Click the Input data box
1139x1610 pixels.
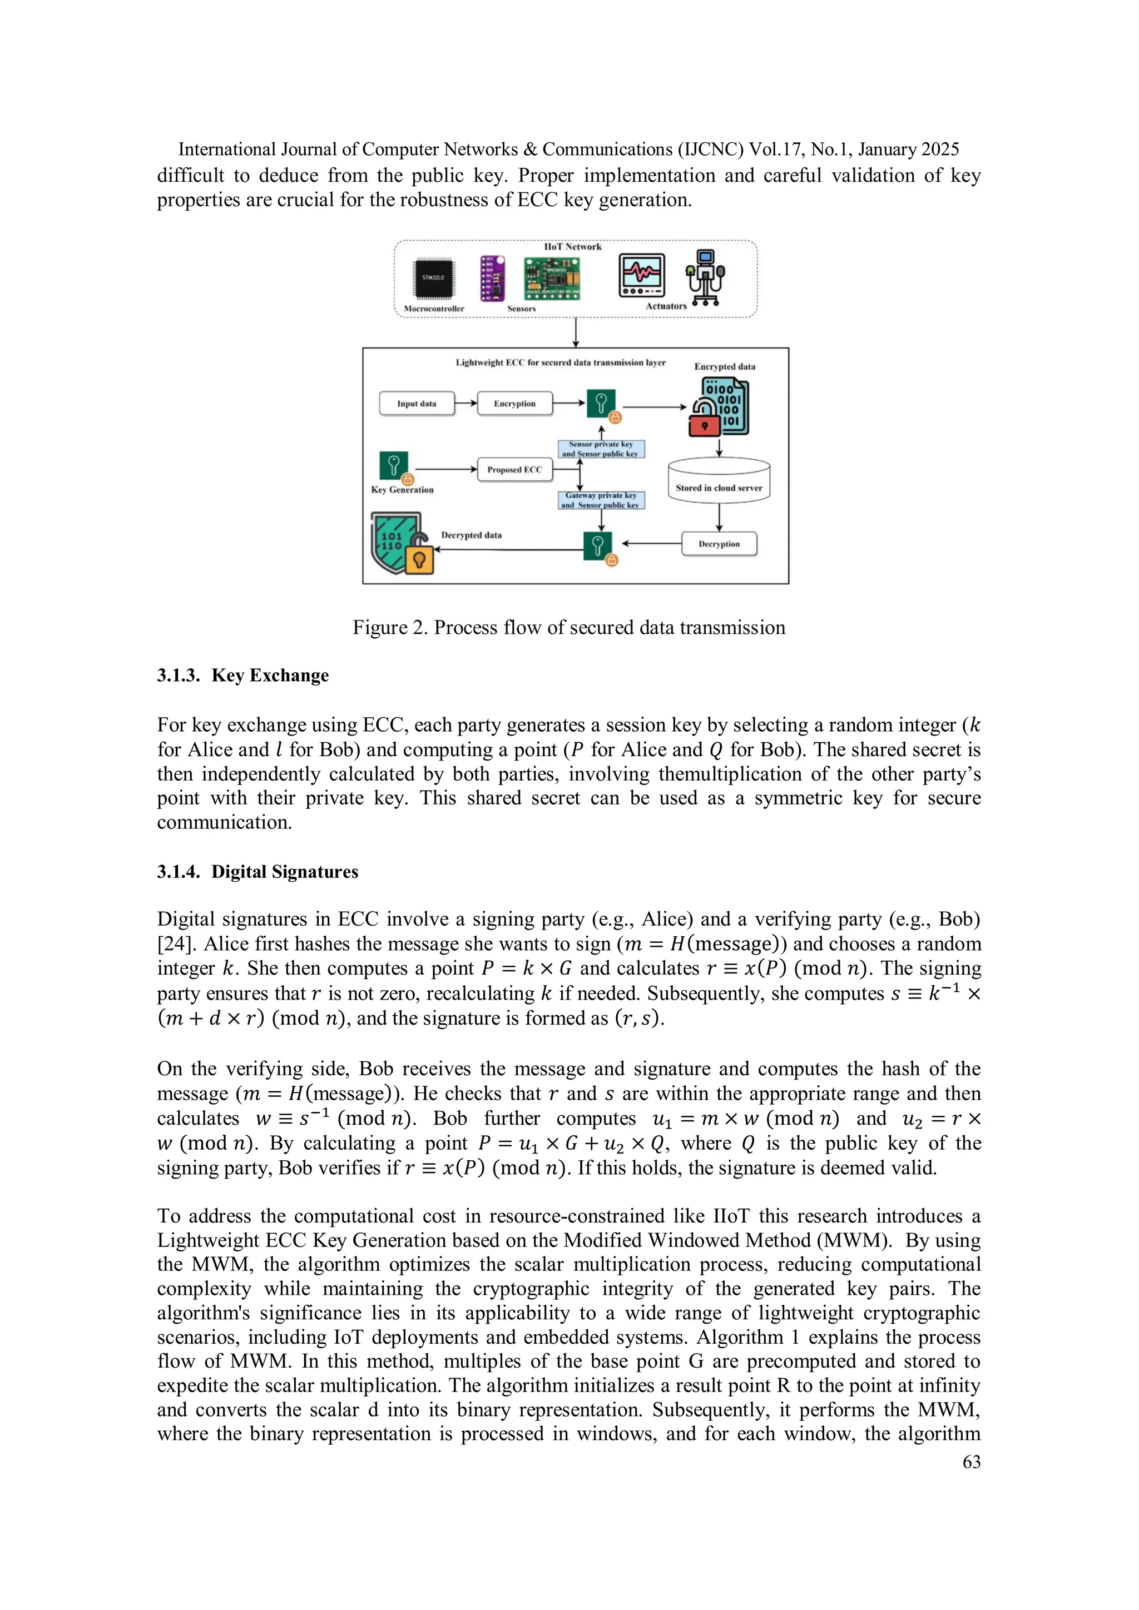(417, 404)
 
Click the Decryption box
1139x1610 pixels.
(719, 544)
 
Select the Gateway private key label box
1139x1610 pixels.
(601, 500)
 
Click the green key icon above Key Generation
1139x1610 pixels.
(393, 465)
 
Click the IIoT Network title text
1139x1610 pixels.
(572, 247)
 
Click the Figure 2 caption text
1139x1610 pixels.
(569, 628)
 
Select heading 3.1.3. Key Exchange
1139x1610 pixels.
(242, 675)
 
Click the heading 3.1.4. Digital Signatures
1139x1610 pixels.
(257, 872)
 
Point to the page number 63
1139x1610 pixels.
(972, 1462)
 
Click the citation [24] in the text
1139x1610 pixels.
(175, 944)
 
